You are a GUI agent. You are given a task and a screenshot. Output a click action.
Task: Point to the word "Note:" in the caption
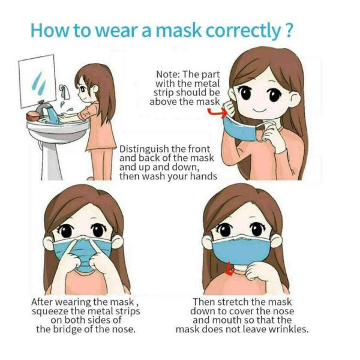169,74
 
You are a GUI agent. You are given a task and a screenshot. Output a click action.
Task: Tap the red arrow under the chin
229,272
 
